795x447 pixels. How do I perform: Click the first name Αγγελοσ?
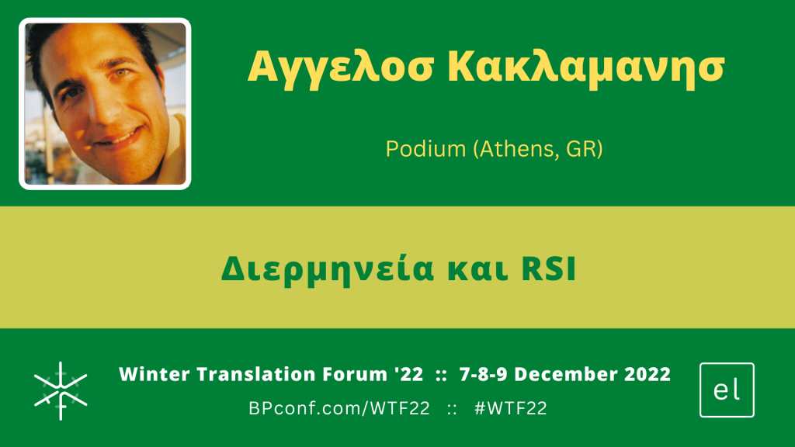click(x=341, y=68)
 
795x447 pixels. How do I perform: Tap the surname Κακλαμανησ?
click(x=586, y=68)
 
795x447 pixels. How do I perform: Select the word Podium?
click(x=425, y=149)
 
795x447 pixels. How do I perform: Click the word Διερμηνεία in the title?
click(x=328, y=269)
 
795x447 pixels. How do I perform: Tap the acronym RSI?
click(x=549, y=269)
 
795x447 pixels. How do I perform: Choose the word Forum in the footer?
click(x=355, y=375)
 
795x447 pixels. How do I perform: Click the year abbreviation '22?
click(x=408, y=375)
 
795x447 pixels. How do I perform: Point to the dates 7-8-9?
click(x=483, y=375)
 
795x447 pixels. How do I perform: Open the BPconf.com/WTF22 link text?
click(x=339, y=408)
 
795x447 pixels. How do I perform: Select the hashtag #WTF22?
click(x=511, y=408)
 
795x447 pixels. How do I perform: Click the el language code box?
click(x=727, y=390)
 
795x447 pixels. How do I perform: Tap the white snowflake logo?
click(x=61, y=391)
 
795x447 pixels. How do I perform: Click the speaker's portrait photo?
click(x=105, y=104)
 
